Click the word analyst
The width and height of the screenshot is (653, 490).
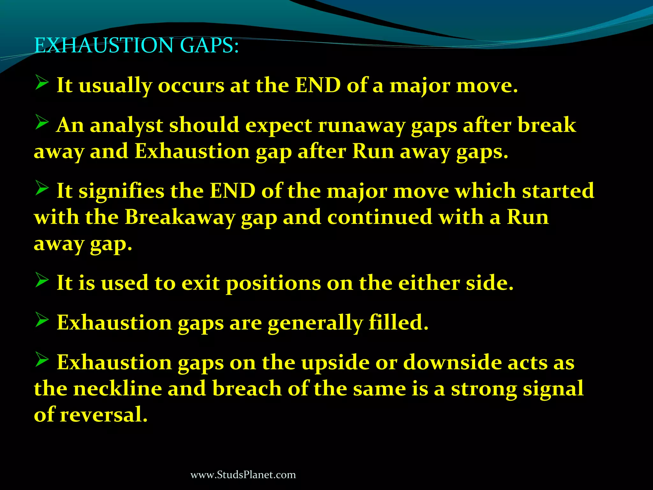(x=127, y=125)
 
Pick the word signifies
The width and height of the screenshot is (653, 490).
(x=121, y=191)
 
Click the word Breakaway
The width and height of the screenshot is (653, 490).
(x=180, y=218)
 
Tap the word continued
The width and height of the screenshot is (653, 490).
(x=379, y=217)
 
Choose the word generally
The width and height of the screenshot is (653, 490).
(x=315, y=323)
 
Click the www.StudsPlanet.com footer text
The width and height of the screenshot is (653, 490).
(x=243, y=475)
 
